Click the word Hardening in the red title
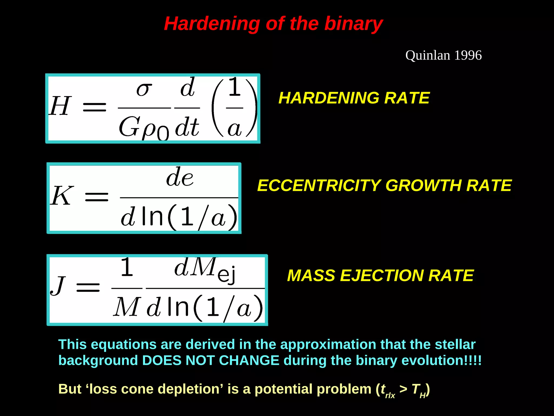point(212,24)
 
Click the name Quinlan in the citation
point(427,55)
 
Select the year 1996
point(468,55)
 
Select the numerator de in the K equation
point(180,178)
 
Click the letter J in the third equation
point(58,286)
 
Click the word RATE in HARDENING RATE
point(407,98)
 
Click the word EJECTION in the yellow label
point(381,276)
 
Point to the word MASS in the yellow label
point(311,276)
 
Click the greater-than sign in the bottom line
point(403,389)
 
